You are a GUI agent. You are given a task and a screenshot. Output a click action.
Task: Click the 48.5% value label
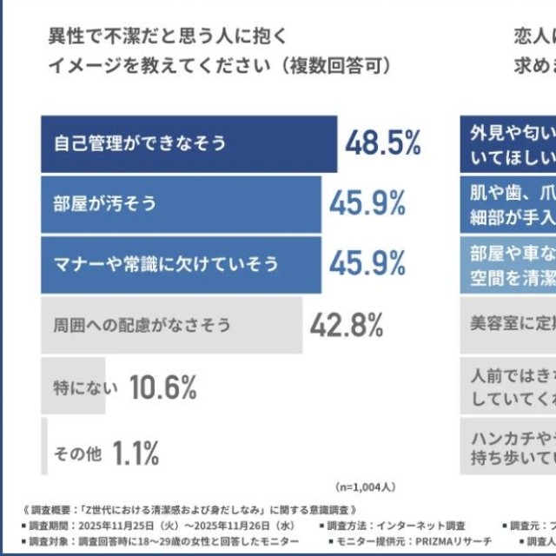click(383, 143)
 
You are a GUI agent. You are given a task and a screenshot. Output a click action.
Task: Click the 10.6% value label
click(163, 387)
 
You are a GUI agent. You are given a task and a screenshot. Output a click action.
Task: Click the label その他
click(76, 452)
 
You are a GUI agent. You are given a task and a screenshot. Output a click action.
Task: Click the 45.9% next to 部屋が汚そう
click(367, 204)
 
